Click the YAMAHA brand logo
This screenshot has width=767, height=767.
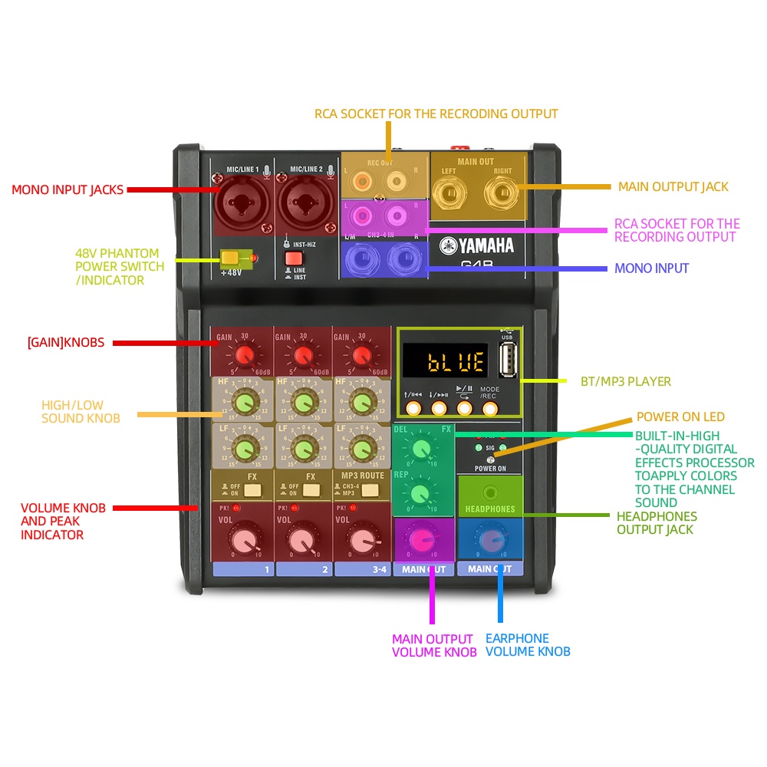[x=476, y=245]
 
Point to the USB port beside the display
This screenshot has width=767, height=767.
[x=507, y=359]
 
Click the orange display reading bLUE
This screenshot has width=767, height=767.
[x=445, y=360]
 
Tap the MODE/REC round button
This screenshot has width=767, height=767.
[x=489, y=408]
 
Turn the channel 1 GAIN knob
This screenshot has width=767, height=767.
[x=245, y=356]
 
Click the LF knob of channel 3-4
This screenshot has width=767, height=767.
[x=361, y=446]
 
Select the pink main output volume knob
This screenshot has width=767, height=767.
[x=421, y=539]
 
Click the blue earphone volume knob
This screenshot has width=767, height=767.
[x=490, y=538]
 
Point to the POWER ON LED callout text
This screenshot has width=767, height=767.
[x=680, y=417]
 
